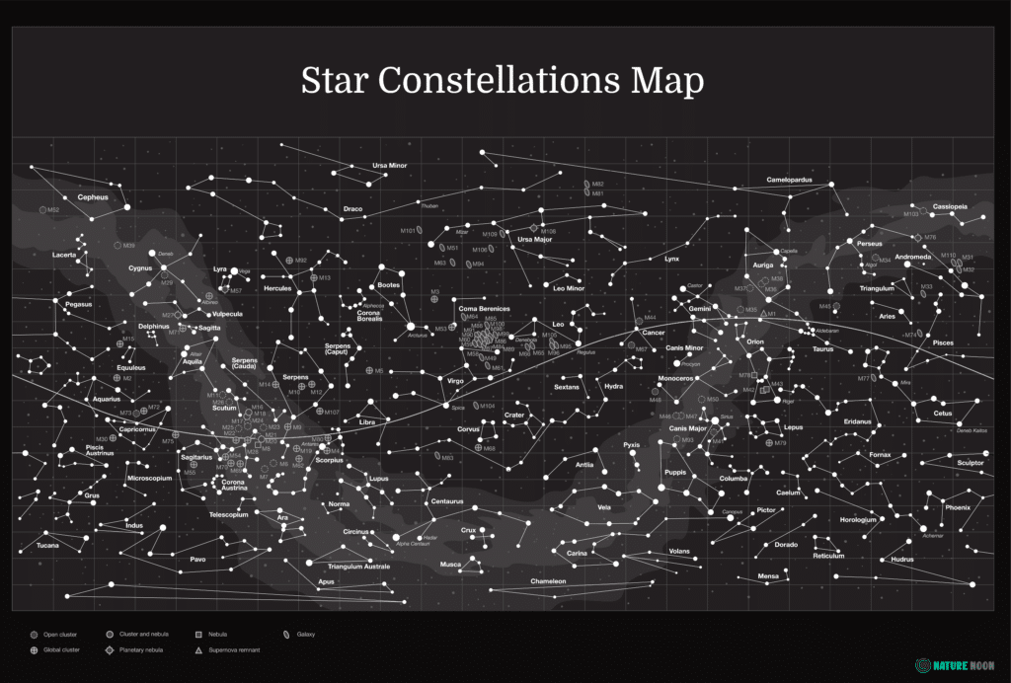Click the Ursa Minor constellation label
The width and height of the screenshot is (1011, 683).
click(389, 165)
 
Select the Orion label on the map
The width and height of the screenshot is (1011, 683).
click(755, 341)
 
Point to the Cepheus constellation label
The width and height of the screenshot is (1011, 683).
click(93, 197)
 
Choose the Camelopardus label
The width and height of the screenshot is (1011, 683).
click(789, 180)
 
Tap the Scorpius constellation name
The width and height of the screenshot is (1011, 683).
click(329, 460)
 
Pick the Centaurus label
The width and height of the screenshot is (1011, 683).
click(447, 501)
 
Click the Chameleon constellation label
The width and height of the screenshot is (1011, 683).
click(548, 581)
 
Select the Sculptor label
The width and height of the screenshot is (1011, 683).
click(971, 462)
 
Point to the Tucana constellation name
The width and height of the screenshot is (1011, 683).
click(47, 545)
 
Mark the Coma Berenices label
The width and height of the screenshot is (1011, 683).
click(484, 309)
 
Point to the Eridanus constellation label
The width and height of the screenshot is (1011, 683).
click(857, 421)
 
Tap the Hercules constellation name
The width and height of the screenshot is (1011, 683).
click(277, 288)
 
